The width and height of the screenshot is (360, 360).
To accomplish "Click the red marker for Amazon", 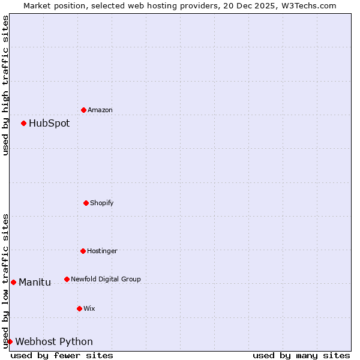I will (83, 110).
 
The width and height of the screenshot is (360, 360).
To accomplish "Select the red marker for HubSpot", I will (23, 123).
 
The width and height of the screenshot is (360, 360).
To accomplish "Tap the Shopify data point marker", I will (86, 203).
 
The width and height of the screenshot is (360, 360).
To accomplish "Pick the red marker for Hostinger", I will (83, 251).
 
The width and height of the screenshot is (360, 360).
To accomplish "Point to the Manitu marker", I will (13, 282).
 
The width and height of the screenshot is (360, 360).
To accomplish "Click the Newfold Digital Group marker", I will (67, 279).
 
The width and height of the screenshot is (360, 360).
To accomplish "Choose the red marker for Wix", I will (79, 308).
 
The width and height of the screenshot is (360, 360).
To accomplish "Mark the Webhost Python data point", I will (10, 341).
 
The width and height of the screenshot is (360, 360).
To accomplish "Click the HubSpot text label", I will (49, 124).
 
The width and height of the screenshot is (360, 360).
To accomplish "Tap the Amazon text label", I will (100, 110).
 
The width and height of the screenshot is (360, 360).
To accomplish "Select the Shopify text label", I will (102, 203).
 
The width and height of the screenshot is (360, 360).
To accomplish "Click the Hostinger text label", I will (102, 251).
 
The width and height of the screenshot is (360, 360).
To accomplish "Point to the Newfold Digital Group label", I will (106, 280).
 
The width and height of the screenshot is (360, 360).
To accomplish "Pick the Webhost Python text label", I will (54, 342).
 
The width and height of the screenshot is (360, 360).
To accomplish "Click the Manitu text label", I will (35, 283).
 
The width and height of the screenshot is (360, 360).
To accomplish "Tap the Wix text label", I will (89, 309).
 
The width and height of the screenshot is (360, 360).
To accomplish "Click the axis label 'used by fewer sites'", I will (62, 355).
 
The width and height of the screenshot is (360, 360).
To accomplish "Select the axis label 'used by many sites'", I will (301, 355).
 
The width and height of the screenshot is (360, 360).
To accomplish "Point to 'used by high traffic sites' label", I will (5, 85).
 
